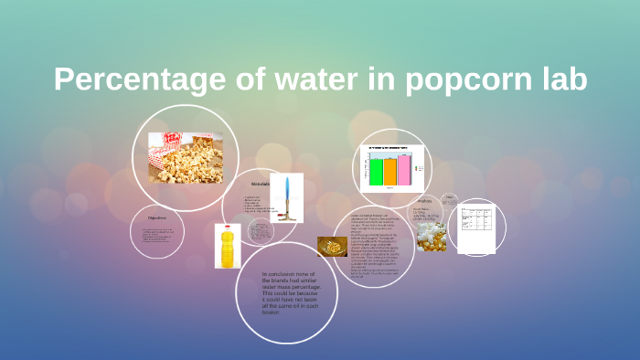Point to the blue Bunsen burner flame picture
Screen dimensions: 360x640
tap(286, 197)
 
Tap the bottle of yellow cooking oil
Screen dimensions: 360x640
tap(227, 246)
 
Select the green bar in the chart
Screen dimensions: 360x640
tap(375, 171)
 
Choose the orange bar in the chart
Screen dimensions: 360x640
tap(389, 171)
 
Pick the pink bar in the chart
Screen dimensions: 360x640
tap(404, 169)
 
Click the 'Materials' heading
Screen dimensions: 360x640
tap(261, 184)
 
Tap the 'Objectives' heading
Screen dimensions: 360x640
tap(156, 218)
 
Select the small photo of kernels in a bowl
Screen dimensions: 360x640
tap(331, 247)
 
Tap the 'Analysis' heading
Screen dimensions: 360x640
tap(424, 201)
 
